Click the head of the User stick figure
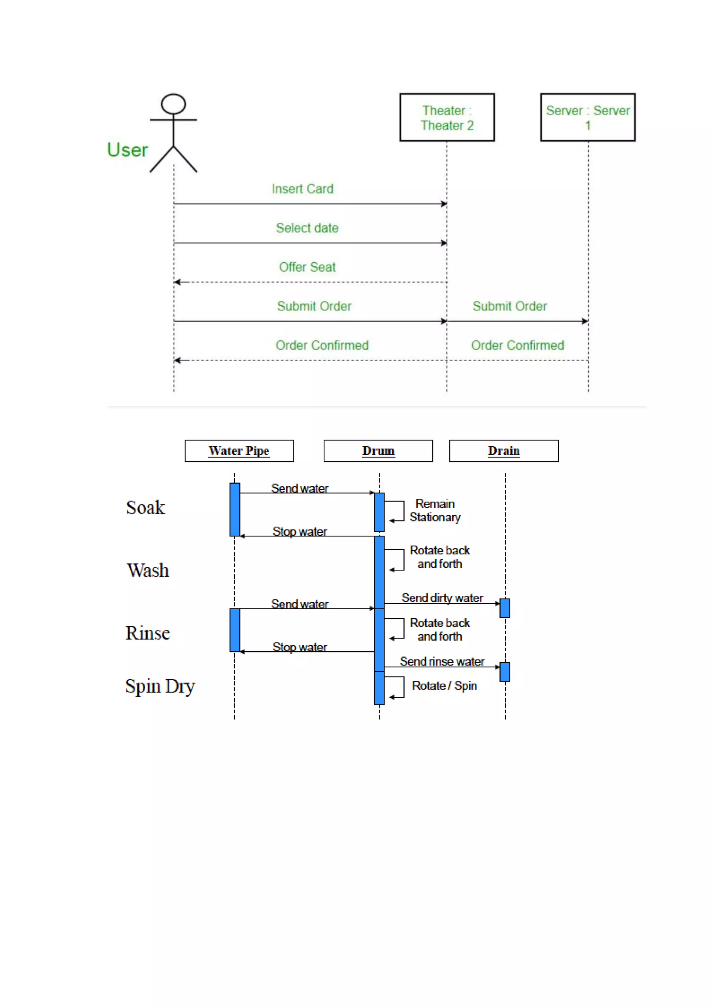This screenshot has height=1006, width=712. click(173, 104)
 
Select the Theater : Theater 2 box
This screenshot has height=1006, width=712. click(447, 117)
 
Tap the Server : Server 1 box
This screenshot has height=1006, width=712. click(588, 117)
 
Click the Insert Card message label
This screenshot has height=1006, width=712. click(302, 189)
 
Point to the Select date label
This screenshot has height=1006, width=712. click(307, 228)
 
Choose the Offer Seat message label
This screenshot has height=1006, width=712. click(307, 267)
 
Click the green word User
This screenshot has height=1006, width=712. click(127, 150)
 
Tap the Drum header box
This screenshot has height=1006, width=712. click(378, 451)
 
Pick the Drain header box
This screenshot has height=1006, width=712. click(504, 451)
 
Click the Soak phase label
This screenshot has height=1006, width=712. click(146, 508)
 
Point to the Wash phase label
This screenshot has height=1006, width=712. click(148, 570)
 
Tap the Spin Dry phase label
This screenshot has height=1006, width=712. click(160, 686)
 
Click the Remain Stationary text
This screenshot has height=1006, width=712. click(435, 510)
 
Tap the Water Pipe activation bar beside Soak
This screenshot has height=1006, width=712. click(235, 510)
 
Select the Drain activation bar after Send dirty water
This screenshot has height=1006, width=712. click(505, 608)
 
